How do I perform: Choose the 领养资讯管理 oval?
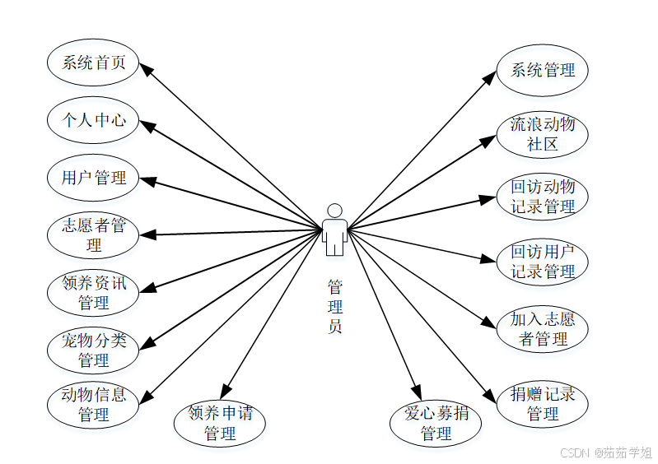click(94, 292)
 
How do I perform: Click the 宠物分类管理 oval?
click(94, 350)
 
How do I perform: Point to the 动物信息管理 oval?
click(94, 404)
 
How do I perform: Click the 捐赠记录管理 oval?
click(543, 404)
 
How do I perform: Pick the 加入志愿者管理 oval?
click(543, 328)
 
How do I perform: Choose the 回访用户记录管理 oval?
click(543, 261)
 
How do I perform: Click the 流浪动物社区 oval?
click(543, 134)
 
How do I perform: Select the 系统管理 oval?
click(543, 70)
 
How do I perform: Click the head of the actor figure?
click(334, 210)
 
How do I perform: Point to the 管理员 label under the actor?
click(334, 306)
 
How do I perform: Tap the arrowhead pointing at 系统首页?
click(146, 69)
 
